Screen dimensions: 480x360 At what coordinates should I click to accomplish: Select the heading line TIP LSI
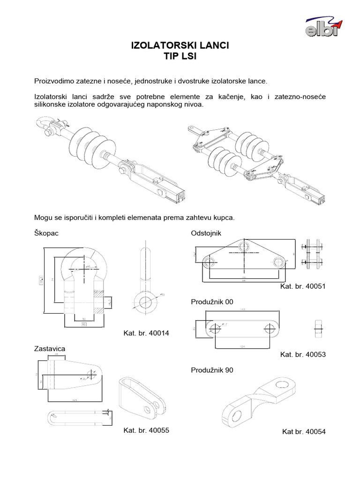coord(180,57)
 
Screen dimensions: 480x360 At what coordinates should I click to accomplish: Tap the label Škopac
coord(46,233)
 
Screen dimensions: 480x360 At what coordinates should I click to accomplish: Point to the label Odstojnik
coord(205,233)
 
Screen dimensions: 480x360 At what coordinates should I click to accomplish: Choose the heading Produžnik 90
coord(212,370)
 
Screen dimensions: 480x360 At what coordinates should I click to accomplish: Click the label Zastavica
coord(49,349)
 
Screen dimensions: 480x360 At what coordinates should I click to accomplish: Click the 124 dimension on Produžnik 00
coord(242,347)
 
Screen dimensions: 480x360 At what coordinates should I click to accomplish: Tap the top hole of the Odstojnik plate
coord(243,246)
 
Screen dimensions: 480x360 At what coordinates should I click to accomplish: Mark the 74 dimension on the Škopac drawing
coord(53,279)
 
